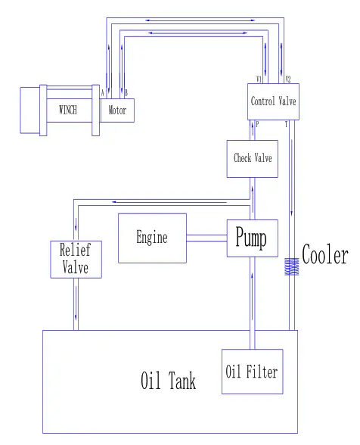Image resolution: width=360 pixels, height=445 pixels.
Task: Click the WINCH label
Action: (68, 110)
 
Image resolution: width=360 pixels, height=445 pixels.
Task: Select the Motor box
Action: (117, 110)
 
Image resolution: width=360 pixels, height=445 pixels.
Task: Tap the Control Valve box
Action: (273, 101)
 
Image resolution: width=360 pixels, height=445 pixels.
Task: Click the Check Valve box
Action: (253, 158)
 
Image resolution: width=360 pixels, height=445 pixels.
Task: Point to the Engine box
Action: (152, 238)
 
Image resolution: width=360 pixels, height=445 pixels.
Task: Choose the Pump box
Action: (251, 238)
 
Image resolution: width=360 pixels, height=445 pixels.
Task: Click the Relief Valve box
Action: (75, 258)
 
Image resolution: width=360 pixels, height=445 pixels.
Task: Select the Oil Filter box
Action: (252, 372)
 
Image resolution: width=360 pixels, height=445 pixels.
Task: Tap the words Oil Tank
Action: (168, 380)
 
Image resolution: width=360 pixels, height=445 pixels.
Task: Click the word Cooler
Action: (325, 255)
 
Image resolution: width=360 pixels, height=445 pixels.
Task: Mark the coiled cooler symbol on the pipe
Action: (291, 267)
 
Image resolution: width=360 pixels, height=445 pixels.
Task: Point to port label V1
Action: (259, 79)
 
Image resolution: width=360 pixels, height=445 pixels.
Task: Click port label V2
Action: (287, 79)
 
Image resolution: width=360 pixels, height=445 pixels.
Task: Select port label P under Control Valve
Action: (258, 123)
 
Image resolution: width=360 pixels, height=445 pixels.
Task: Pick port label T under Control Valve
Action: (286, 123)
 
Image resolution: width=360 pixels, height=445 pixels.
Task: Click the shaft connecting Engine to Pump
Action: (206, 238)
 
